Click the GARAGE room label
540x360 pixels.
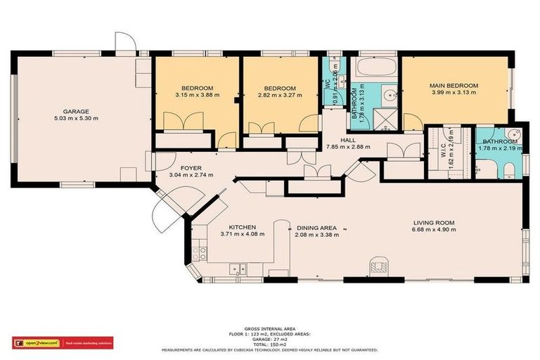point(76,111)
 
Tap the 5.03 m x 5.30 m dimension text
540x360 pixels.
point(76,119)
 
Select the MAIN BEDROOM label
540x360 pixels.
point(454,86)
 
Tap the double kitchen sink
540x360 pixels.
point(240,268)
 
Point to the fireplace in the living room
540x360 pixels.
point(378,266)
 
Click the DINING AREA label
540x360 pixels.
point(317,228)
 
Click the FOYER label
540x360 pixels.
point(191,167)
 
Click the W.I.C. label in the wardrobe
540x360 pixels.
point(443,149)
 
